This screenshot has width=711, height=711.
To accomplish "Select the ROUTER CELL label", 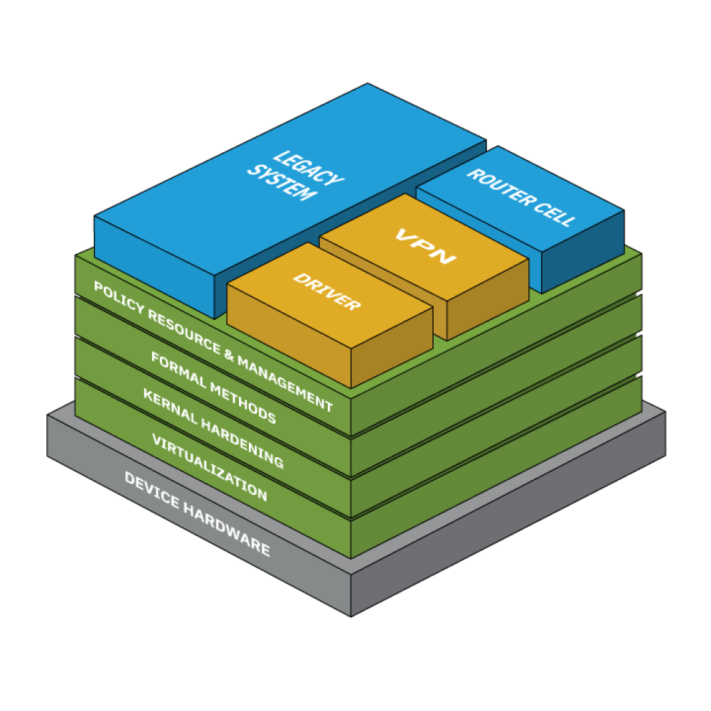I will (520, 198).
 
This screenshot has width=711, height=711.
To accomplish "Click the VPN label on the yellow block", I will (425, 245).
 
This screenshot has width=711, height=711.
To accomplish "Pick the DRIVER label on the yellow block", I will (327, 292).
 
